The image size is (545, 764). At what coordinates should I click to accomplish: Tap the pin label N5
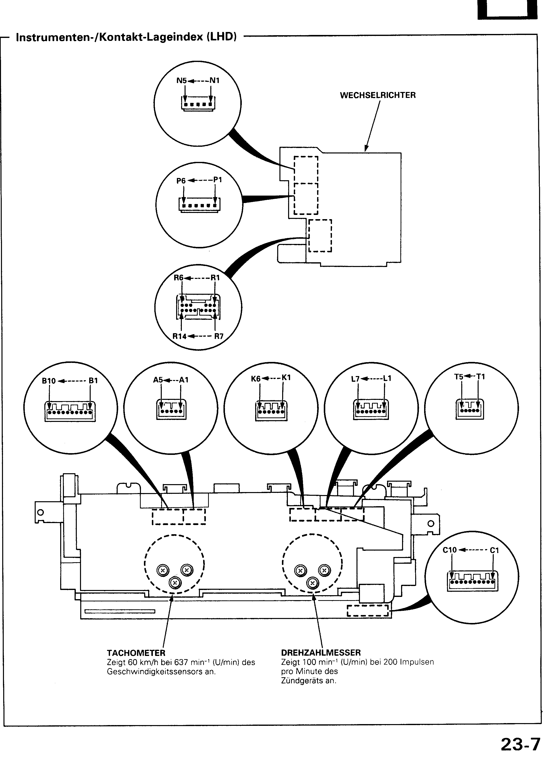point(182,81)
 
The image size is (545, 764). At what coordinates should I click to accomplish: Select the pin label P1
point(218,180)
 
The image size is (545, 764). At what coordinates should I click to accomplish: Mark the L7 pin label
point(355,379)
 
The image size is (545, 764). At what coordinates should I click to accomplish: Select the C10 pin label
point(450,550)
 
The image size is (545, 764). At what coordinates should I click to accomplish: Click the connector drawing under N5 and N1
point(198,103)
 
